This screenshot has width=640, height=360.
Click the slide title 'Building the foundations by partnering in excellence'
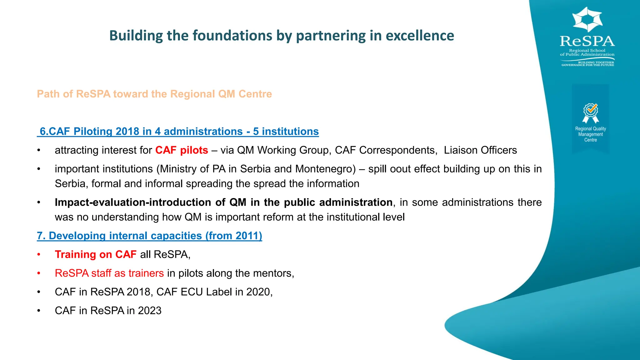point(281,36)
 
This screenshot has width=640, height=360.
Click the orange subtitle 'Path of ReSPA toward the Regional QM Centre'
point(154,94)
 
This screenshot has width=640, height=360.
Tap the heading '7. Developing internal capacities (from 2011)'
point(149,236)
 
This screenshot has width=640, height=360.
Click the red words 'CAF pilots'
point(182,150)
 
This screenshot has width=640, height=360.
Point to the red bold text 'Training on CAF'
point(96,254)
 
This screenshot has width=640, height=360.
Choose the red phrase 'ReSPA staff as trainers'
point(109,273)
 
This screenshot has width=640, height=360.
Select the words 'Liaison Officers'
point(480,150)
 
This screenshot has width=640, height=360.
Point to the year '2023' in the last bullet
point(150,311)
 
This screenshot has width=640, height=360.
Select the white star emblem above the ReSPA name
point(587,19)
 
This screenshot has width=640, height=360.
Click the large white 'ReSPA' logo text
point(587,41)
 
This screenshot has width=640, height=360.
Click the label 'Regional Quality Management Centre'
point(590,134)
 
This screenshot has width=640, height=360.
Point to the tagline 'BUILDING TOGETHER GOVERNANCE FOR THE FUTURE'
point(587,64)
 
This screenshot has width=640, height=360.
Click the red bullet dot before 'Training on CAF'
point(39,255)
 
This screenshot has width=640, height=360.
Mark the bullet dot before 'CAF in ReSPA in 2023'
point(39,311)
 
